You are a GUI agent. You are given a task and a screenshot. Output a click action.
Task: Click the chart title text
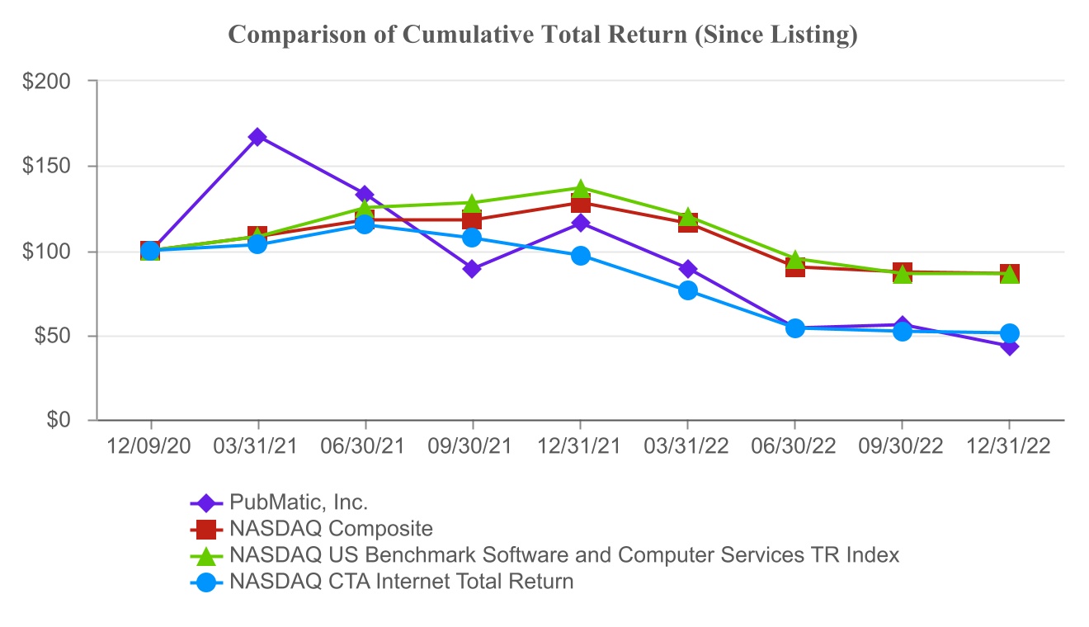point(542,35)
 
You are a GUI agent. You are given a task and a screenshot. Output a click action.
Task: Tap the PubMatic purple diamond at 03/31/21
point(257,137)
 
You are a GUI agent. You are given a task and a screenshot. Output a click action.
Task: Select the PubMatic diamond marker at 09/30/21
point(472,269)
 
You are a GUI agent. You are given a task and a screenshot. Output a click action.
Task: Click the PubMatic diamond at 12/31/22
point(1009,346)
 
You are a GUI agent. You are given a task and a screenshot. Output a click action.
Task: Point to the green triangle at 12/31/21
point(580,189)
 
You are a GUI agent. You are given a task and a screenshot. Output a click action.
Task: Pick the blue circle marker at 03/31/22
point(688,290)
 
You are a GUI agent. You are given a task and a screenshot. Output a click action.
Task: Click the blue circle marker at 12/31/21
point(580,256)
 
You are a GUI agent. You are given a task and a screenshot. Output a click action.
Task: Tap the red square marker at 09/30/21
point(472,219)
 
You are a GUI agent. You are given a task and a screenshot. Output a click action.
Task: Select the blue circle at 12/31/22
point(1009,333)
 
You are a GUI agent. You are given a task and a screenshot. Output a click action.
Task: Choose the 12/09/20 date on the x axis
point(150,445)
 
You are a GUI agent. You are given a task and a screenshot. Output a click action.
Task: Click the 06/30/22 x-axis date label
point(794,445)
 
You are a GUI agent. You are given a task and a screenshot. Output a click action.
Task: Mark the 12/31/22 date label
point(1009,445)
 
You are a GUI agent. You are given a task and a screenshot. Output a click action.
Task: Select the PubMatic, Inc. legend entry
point(299,502)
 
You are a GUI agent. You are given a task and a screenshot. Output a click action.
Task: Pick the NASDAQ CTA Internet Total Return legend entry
point(402,582)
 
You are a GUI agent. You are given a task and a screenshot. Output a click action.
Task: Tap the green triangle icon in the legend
point(206,555)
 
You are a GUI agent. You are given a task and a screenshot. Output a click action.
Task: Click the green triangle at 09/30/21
point(472,204)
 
